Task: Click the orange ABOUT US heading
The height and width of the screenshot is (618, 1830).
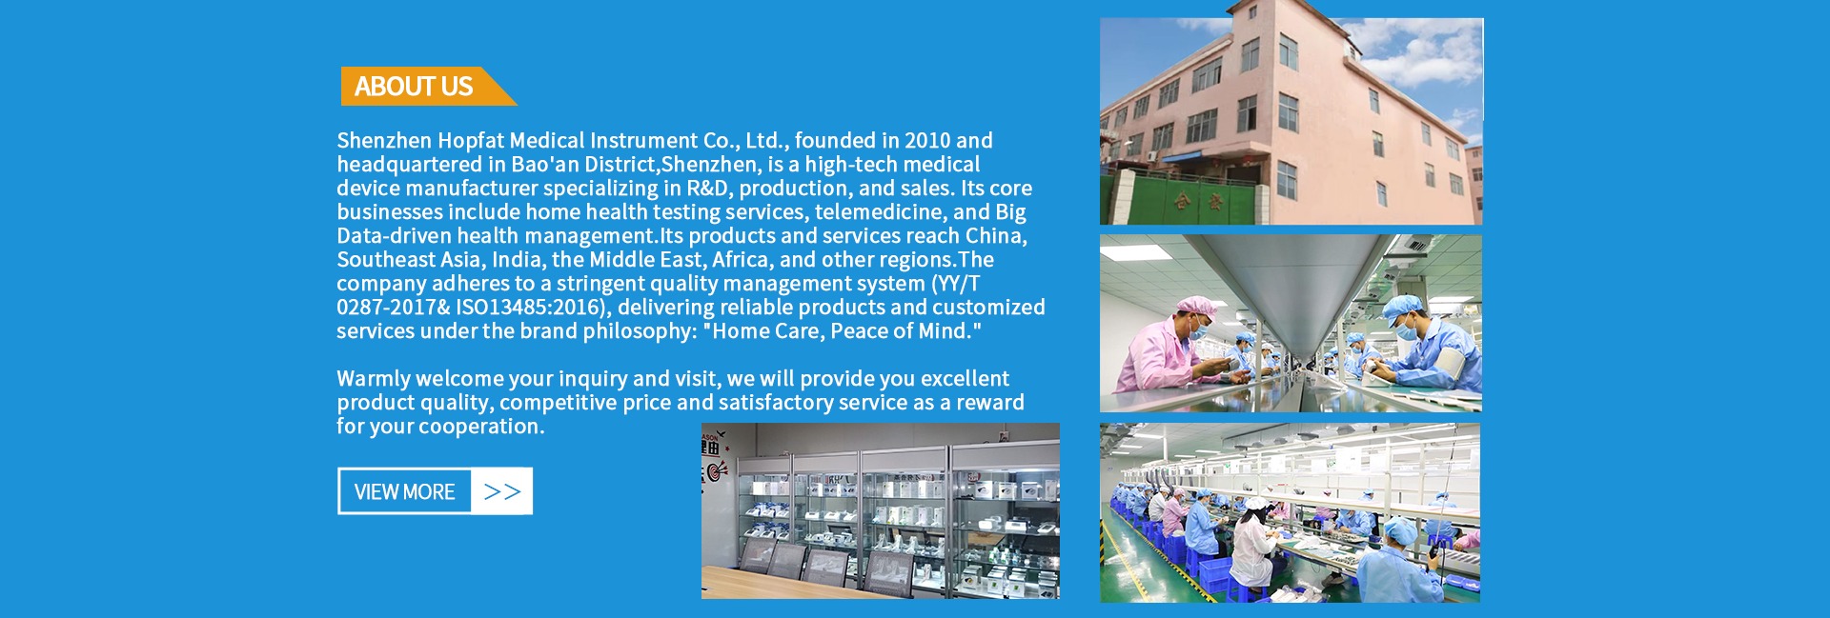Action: tap(414, 87)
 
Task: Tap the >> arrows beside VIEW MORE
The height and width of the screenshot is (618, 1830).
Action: tap(501, 491)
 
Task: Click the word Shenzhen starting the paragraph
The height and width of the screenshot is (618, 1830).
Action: tap(384, 141)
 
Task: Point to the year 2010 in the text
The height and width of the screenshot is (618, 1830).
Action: tap(927, 141)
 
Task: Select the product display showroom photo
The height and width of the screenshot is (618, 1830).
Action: tap(880, 510)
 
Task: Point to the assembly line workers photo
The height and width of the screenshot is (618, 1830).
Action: tap(1291, 512)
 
